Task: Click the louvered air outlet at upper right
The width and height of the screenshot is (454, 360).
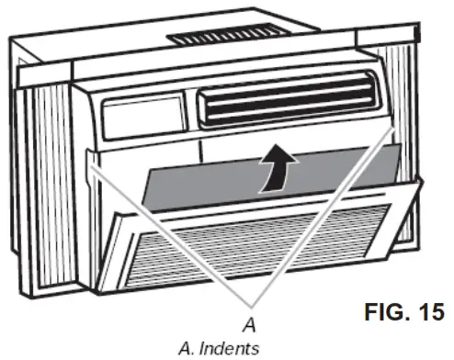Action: pyautogui.click(x=288, y=104)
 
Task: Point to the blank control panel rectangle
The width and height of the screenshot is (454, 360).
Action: pyautogui.click(x=142, y=117)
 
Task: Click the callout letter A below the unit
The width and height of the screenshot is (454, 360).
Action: pyautogui.click(x=246, y=322)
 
